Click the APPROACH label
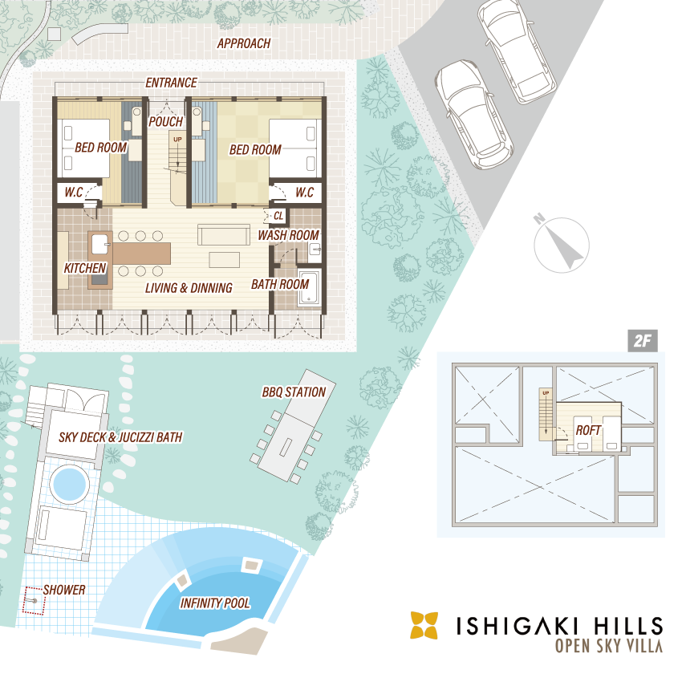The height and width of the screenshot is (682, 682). click(244, 43)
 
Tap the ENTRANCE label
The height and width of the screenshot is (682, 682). click(172, 83)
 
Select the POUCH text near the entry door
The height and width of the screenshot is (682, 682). click(166, 122)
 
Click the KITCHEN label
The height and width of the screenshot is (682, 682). click(85, 268)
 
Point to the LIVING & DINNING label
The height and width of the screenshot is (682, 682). click(189, 288)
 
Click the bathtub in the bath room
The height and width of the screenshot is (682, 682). click(309, 287)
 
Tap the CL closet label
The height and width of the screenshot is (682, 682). click(278, 216)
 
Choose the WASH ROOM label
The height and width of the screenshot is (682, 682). click(288, 235)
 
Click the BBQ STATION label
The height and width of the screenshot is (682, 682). click(294, 392)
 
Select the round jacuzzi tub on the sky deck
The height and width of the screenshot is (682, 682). click(70, 483)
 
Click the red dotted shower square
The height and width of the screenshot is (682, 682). click(34, 601)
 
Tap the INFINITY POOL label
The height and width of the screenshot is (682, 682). click(215, 603)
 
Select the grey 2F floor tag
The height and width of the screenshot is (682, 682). click(643, 340)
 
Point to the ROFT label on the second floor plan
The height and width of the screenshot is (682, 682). click(588, 431)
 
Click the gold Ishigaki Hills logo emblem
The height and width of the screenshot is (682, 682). click(424, 626)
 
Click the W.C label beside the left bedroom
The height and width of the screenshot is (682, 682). click(74, 193)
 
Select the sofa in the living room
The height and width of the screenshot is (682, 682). click(224, 235)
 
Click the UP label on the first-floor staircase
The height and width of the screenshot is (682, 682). click(177, 140)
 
